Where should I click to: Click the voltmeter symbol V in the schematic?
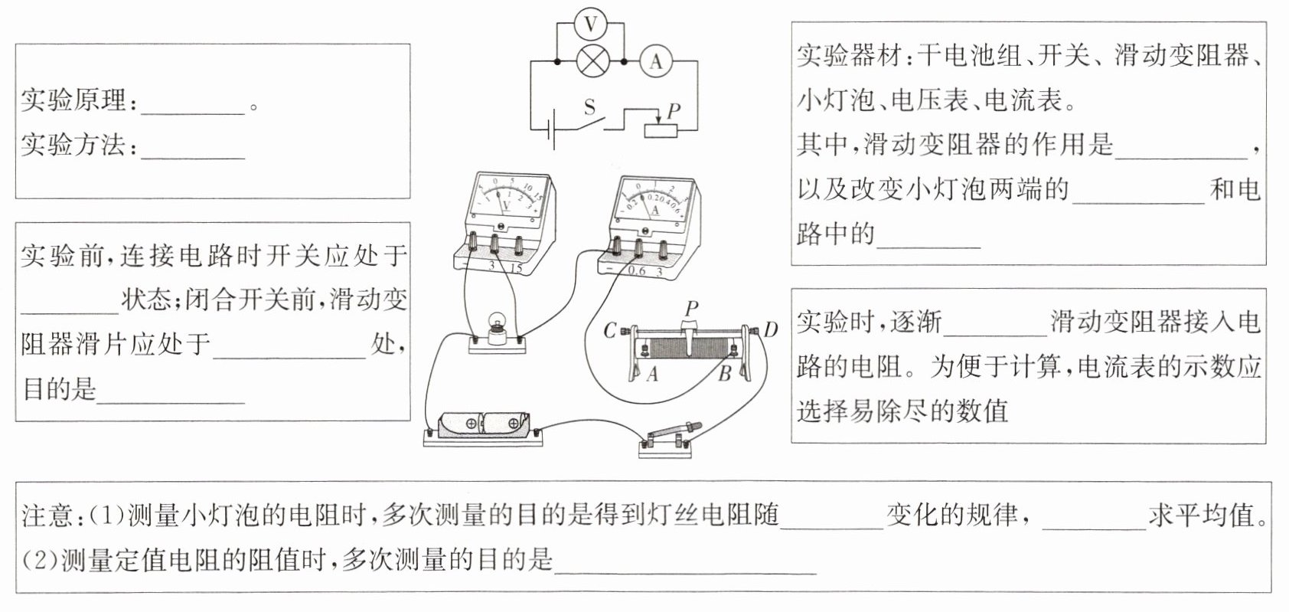(x=590, y=25)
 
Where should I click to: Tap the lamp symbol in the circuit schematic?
(x=591, y=61)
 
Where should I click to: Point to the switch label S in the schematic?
(x=589, y=106)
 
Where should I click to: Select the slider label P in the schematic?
(x=673, y=110)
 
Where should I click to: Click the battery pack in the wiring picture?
(x=483, y=424)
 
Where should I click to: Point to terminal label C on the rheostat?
(x=610, y=331)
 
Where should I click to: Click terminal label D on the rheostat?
(x=770, y=330)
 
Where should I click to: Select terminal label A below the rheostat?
(x=652, y=375)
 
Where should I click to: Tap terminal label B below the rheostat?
(x=724, y=375)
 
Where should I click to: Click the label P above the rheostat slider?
(x=691, y=309)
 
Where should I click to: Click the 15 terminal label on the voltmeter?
(x=516, y=268)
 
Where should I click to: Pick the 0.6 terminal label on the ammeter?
(x=636, y=271)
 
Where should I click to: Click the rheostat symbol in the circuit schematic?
(x=661, y=129)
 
